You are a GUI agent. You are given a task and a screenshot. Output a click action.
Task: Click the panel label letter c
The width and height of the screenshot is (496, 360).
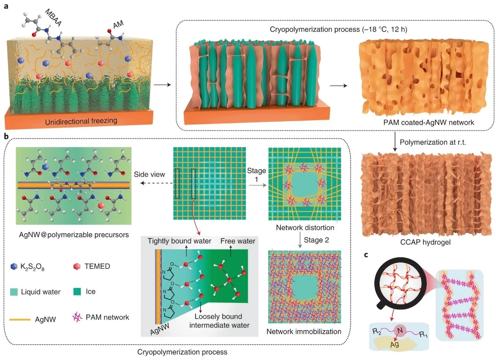pos(366,255)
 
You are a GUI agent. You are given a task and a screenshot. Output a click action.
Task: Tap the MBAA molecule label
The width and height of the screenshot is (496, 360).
pos(53,18)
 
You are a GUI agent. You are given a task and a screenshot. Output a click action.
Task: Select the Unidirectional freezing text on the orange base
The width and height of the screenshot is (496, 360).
pos(81,121)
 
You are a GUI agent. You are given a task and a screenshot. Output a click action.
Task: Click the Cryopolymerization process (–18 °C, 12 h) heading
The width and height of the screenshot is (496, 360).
pos(338,29)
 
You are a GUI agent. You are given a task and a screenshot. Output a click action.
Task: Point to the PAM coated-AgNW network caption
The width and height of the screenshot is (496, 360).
pos(429,122)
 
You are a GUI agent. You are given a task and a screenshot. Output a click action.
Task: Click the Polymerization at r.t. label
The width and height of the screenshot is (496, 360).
pos(433,142)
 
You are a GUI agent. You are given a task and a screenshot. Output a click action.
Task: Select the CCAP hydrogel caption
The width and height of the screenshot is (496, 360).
pos(425,242)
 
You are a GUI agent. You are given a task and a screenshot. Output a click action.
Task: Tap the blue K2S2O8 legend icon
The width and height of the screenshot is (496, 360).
pos(14,266)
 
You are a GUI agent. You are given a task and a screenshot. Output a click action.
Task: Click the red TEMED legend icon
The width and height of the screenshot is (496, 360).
pos(77,266)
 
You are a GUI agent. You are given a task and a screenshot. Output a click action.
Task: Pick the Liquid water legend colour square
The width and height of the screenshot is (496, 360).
pos(14,292)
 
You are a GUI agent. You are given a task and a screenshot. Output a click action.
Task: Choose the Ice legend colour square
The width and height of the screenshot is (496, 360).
pos(77,292)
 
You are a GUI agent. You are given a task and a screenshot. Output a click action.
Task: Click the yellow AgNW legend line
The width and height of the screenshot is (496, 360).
pos(20,319)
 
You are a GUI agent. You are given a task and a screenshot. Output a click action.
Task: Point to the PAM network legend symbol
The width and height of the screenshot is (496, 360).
pos(77,317)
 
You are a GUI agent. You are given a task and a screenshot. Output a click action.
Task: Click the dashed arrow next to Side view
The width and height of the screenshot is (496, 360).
pos(157,183)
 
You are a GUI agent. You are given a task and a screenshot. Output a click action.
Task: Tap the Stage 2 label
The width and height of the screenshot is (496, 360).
pos(316,240)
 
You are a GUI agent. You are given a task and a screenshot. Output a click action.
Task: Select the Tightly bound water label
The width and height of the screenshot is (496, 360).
pos(179,241)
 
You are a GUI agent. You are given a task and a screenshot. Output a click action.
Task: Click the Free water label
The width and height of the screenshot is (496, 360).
pos(238,241)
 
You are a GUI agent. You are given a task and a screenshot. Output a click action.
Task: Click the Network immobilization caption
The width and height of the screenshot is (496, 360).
pos(304,332)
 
